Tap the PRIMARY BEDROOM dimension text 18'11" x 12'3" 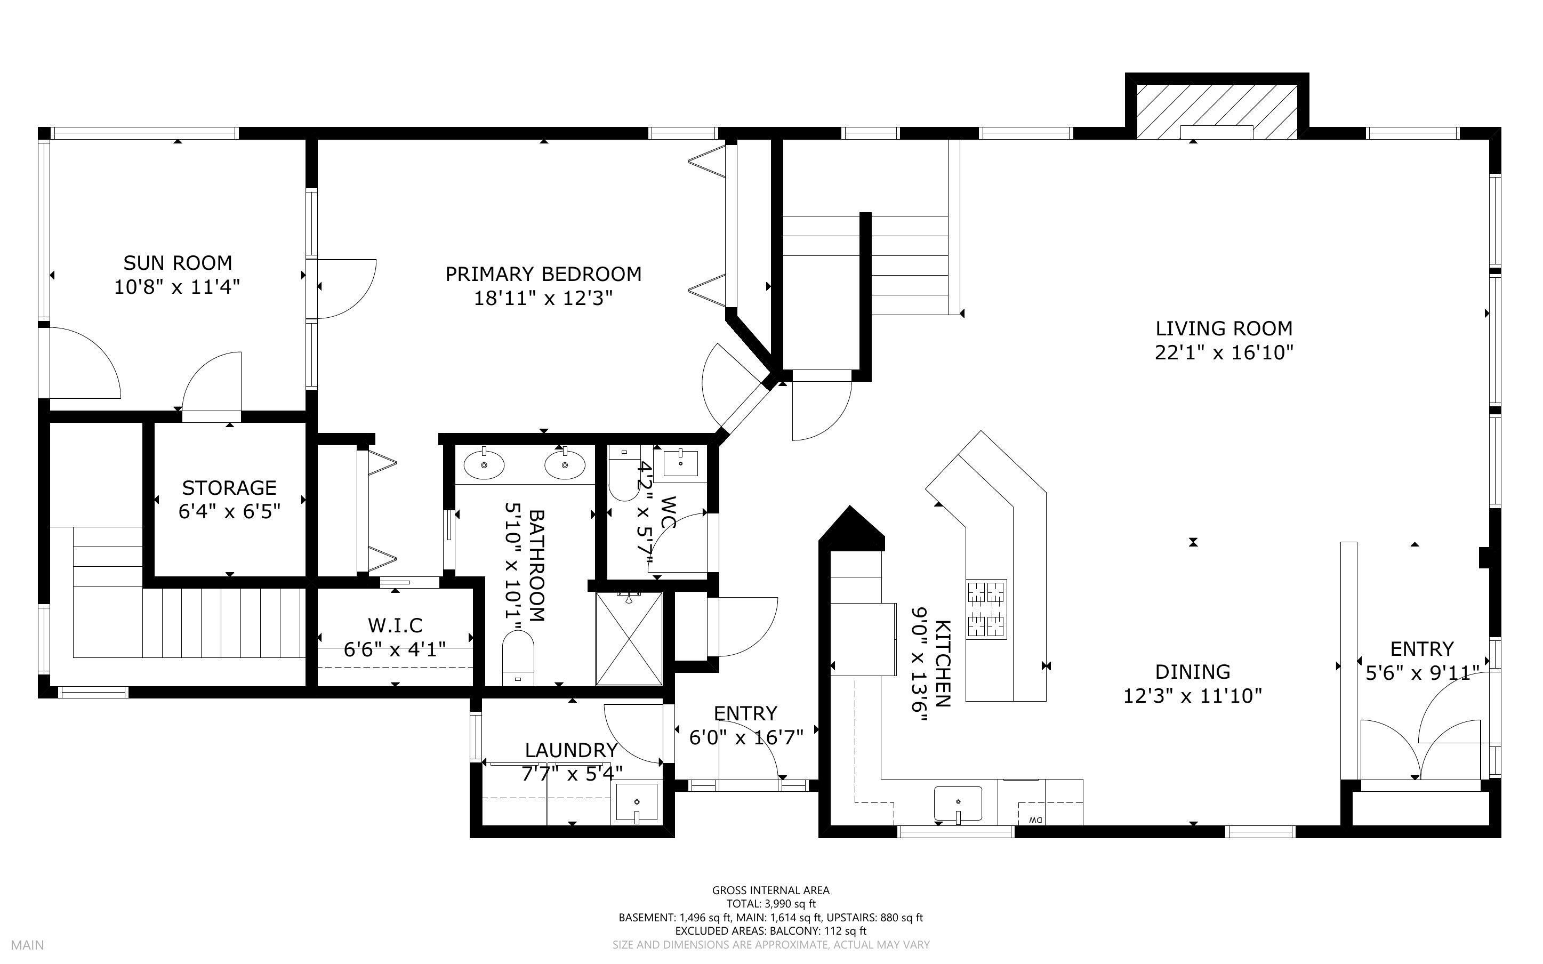(543, 298)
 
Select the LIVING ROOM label (1224, 328)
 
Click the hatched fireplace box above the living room (1217, 111)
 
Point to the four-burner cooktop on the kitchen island (986, 609)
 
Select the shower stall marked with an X (629, 638)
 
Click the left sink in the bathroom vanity (484, 465)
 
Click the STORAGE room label (229, 488)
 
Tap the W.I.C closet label (395, 625)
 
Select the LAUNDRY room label (571, 750)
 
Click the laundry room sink (636, 802)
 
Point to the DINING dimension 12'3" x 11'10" (1192, 696)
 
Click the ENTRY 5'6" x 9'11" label (1421, 649)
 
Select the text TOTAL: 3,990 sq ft (770, 903)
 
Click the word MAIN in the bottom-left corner (27, 945)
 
